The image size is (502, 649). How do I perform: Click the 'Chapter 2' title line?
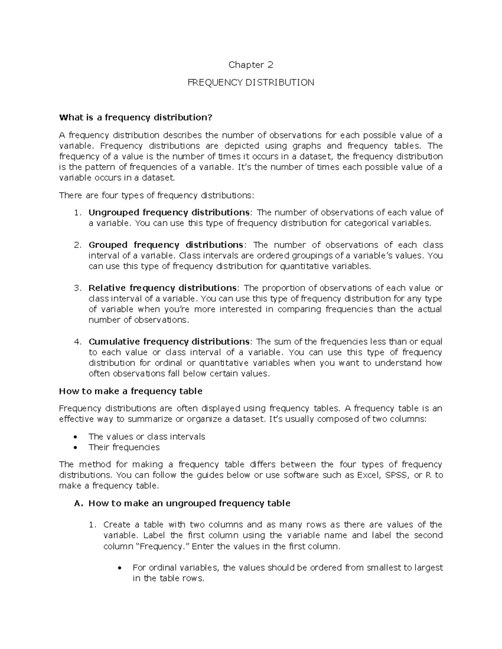point(251,65)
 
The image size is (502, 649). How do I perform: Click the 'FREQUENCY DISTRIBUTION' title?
point(251,83)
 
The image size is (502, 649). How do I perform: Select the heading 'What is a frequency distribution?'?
point(136,117)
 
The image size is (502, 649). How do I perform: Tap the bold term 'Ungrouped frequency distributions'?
point(169,212)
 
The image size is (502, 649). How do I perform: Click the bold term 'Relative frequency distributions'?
point(163,288)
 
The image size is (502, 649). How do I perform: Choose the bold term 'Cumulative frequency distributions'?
point(169,342)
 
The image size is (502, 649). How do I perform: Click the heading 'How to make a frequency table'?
point(131,391)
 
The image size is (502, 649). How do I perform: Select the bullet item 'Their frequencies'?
point(124,447)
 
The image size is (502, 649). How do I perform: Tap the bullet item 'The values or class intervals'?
point(147,437)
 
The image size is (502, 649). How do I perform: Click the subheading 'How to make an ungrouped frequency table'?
point(189,503)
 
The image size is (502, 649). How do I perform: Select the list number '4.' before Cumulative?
point(77,342)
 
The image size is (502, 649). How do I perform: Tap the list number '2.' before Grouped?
point(77,245)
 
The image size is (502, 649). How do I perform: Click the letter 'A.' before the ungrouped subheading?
point(78,503)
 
